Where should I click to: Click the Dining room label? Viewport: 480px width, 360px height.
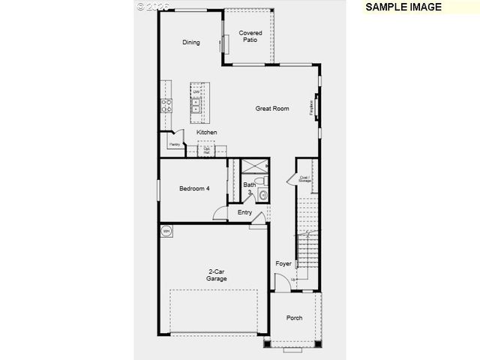(191, 43)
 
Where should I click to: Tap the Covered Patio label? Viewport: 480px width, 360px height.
(250, 36)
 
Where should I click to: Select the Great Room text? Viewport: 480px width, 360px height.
(272, 109)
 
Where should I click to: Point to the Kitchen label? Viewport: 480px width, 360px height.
(207, 133)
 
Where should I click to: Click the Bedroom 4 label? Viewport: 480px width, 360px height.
(193, 189)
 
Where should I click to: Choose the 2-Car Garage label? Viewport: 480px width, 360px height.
(217, 275)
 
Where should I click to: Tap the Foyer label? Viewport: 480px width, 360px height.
(283, 264)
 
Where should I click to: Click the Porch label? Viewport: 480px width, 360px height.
(295, 318)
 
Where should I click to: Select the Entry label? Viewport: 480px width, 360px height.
(245, 212)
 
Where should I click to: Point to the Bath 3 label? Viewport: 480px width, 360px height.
(250, 188)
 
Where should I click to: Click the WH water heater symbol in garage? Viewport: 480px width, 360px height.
(166, 230)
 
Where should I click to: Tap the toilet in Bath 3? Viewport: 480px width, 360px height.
(262, 196)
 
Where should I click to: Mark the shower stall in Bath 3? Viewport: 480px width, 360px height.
(255, 169)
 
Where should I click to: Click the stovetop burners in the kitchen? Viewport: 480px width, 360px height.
(165, 106)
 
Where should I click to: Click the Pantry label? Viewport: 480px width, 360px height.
(173, 144)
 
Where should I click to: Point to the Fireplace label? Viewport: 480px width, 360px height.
(312, 108)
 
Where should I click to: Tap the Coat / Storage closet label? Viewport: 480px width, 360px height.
(304, 179)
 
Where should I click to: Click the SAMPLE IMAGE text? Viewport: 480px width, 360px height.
(403, 7)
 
